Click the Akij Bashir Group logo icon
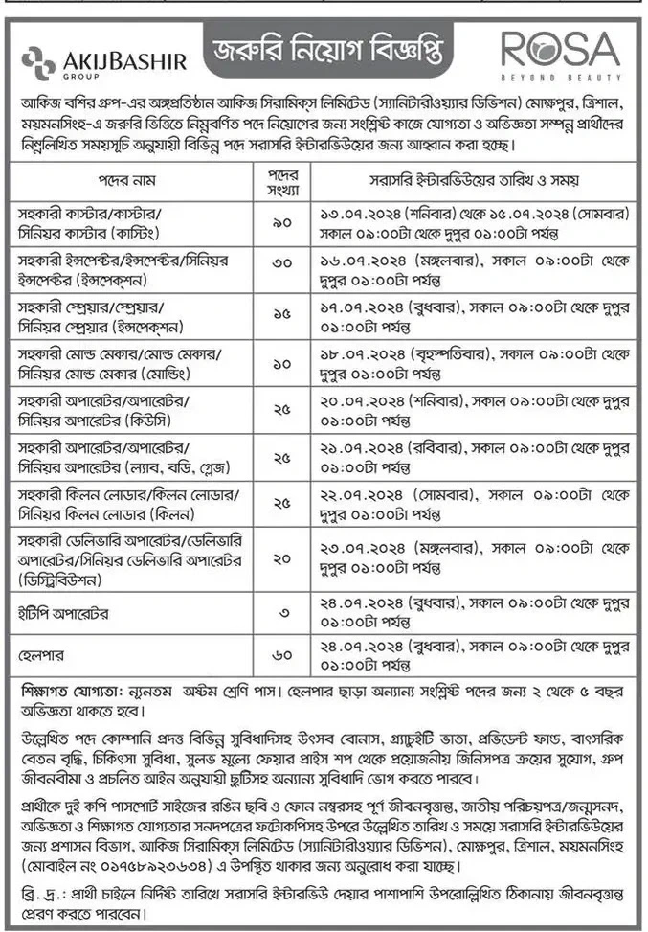tap(35, 60)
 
